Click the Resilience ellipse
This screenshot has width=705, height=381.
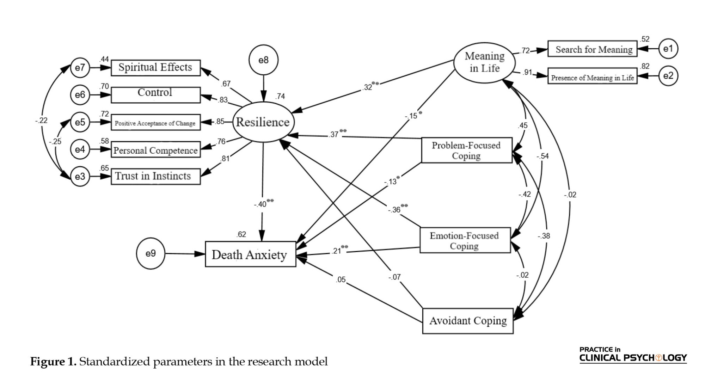(263, 122)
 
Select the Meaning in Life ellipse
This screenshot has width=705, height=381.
(484, 62)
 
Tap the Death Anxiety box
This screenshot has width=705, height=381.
(250, 254)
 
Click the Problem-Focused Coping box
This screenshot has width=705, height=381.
(466, 150)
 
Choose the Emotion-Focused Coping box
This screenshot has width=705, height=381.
(465, 240)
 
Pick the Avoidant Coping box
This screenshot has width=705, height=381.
(468, 321)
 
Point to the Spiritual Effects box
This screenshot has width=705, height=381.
(155, 68)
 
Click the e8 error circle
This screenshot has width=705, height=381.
(263, 60)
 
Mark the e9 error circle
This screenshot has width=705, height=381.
(151, 253)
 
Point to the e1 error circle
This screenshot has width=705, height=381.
(668, 49)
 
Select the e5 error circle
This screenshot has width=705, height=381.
(80, 122)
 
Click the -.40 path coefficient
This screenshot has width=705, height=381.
(260, 204)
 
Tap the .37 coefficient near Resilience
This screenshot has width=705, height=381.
(334, 134)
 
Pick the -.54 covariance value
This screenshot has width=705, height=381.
(543, 156)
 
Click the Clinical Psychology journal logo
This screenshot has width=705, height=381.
(633, 355)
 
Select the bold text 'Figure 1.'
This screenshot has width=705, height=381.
(53, 362)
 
